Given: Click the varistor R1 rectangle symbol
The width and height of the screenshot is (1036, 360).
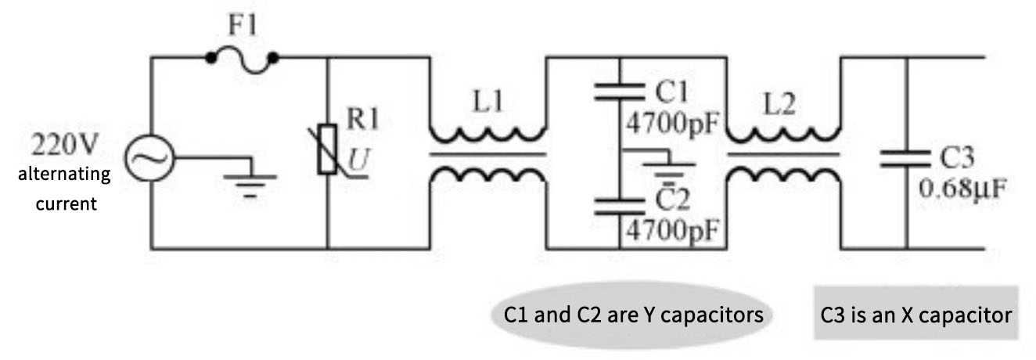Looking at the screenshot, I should pos(327,153).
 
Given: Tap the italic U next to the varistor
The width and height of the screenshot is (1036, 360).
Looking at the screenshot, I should pos(357,159).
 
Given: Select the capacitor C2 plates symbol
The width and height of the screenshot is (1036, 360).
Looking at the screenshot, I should pos(618,206).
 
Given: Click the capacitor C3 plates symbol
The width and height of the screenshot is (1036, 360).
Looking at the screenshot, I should pos(905,159).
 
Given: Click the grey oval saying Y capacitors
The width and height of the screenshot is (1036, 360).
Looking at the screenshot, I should pos(633,315).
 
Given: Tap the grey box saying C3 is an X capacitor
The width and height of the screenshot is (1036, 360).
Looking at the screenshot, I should pos(915,315).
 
